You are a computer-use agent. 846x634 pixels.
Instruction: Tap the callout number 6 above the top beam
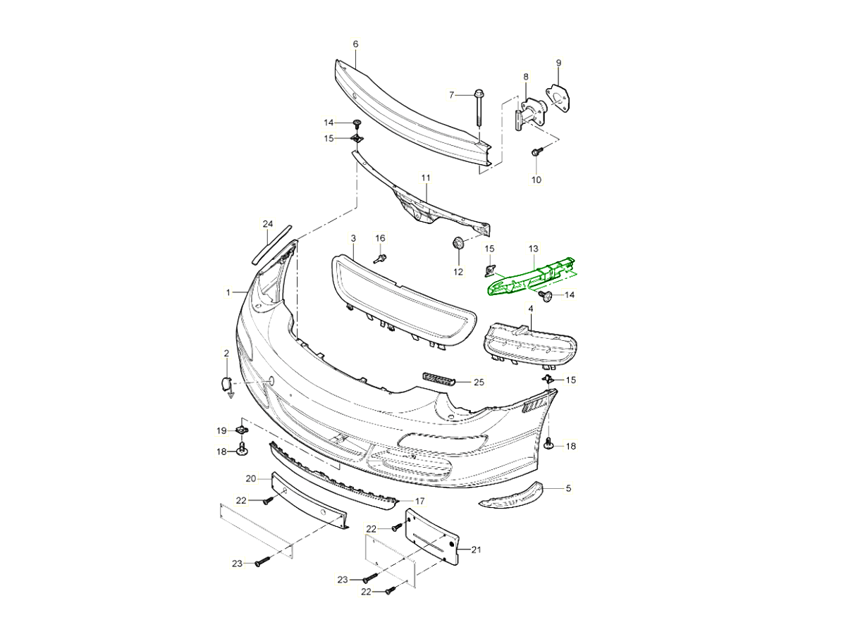[355, 44]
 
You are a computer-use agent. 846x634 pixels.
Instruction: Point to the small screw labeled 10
[538, 151]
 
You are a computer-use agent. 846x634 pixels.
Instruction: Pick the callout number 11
[425, 178]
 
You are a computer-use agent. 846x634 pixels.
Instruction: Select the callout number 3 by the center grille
[352, 239]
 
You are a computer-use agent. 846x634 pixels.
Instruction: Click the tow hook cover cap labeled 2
[227, 385]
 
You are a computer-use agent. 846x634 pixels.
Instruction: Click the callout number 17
[419, 502]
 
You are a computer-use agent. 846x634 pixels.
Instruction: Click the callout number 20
[250, 478]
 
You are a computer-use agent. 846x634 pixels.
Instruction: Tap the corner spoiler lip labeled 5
[511, 496]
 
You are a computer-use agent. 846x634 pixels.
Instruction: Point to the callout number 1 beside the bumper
[228, 292]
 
